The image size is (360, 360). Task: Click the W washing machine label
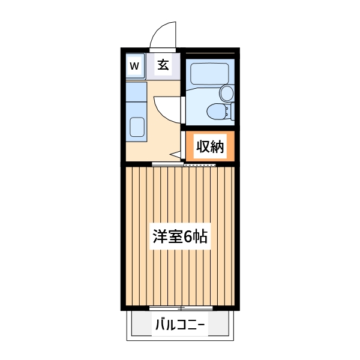click(134, 65)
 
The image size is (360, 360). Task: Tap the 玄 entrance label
click(163, 64)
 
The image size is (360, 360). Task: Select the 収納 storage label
click(209, 146)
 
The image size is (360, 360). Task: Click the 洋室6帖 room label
click(179, 236)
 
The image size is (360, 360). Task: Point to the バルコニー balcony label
click(179, 326)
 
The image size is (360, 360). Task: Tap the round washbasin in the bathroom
click(226, 92)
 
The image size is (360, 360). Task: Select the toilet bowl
click(214, 111)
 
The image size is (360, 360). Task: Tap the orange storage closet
click(209, 146)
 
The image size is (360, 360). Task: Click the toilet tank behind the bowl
click(232, 112)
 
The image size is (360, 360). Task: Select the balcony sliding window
click(179, 308)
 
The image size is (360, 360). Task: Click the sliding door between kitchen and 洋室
click(167, 164)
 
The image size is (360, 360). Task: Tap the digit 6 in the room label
click(188, 236)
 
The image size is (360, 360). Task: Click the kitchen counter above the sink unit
click(136, 91)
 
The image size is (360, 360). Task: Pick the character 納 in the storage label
click(217, 146)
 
